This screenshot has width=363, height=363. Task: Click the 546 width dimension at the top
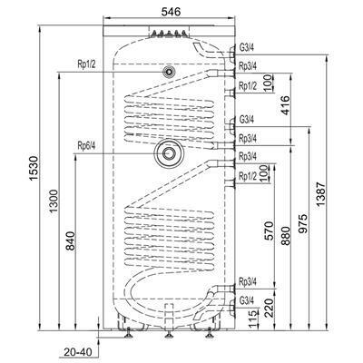tap(171, 12)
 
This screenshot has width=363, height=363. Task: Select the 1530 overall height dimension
tap(34, 169)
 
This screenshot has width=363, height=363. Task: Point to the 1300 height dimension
tap(54, 201)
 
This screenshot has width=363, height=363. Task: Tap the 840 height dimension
tap(70, 240)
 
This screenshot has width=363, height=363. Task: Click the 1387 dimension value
tap(320, 194)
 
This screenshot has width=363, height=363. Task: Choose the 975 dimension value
tap(303, 223)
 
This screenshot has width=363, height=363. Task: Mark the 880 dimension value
tap(286, 235)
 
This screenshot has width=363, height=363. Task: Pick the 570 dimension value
tap(269, 231)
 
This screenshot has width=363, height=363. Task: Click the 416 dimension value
tap(285, 105)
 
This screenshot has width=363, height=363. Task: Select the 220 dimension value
tap(269, 308)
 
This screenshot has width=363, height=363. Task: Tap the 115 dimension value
tap(253, 319)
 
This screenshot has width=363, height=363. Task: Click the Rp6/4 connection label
tap(86, 146)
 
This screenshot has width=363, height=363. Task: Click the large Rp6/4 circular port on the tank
tap(169, 153)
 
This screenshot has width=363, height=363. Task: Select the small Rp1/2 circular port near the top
tap(169, 72)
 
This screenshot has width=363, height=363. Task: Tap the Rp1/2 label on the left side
tap(86, 64)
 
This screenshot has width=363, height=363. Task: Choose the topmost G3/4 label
tap(247, 48)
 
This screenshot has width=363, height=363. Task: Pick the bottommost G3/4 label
tap(247, 300)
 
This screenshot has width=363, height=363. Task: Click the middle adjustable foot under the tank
tap(169, 333)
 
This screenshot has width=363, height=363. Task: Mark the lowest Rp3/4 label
tap(248, 281)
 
